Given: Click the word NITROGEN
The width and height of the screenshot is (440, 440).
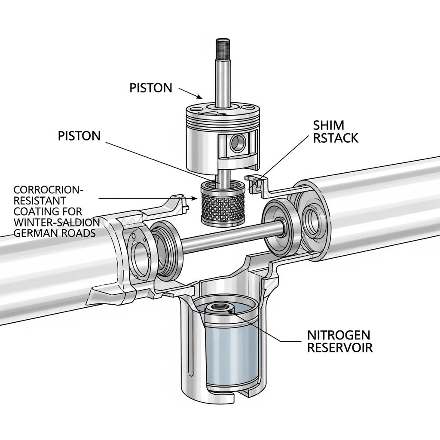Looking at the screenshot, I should point(339,335).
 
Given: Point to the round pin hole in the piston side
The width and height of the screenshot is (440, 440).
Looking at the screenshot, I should point(238,143).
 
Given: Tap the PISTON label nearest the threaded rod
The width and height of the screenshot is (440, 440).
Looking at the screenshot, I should point(151,88).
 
